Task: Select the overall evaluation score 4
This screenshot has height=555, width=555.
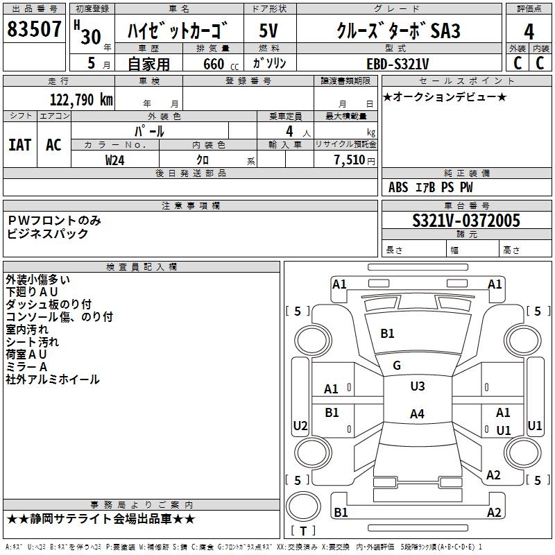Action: coord(529,32)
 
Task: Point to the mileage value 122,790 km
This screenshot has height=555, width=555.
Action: coord(80,100)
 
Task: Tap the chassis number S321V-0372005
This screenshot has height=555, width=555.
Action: coord(466,221)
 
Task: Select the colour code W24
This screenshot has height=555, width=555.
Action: coord(115,160)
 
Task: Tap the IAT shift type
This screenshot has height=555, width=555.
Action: coord(20,145)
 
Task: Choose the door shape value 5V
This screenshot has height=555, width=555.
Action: coord(268,32)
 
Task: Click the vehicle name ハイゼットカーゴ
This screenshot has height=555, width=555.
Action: coord(179,32)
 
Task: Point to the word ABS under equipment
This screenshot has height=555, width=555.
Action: coord(398,187)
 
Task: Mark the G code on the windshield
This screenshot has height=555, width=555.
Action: coord(397,366)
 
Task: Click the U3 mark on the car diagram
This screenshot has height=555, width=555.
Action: coord(417,386)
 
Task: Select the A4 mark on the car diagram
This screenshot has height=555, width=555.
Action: coord(416,414)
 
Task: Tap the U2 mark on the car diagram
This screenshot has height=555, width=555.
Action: coord(300,425)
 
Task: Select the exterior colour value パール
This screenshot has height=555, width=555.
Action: coord(149,131)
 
